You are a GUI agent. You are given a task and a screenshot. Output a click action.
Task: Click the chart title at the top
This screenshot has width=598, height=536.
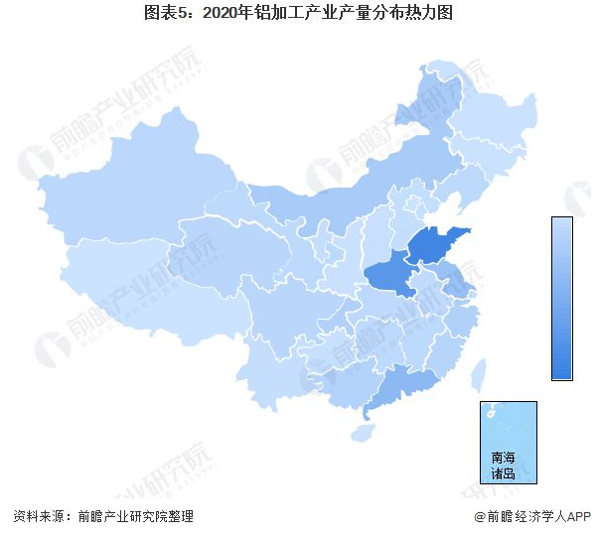[x=299, y=13]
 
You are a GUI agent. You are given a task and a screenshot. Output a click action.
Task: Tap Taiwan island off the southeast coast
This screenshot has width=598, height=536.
[x=478, y=375]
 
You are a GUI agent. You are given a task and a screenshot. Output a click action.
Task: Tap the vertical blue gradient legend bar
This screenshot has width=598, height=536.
[x=562, y=298]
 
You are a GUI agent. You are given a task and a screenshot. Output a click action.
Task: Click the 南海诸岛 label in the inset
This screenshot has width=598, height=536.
[x=505, y=466]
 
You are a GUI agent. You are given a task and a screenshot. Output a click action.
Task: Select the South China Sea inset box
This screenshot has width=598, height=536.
[x=508, y=442]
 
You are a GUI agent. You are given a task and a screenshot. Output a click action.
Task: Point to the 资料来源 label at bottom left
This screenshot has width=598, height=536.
[x=41, y=517]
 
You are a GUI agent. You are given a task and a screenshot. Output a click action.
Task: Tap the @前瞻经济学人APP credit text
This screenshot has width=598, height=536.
[x=530, y=517]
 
